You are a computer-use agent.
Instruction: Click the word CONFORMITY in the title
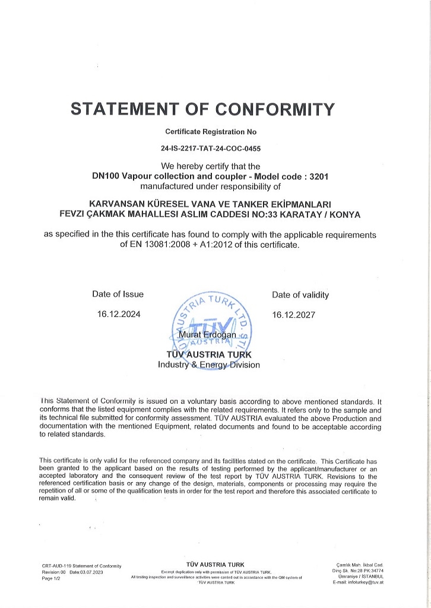tap(275, 109)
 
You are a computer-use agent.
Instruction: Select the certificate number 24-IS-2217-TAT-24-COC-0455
tap(211, 150)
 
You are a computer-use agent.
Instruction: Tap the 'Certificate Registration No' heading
tap(211, 132)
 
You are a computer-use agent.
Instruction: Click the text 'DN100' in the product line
tap(105, 176)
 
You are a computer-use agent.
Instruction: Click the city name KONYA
tap(345, 214)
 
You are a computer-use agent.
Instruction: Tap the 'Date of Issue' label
tap(118, 294)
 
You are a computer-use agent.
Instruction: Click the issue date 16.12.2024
tap(119, 315)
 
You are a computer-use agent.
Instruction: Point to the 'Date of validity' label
tap(300, 294)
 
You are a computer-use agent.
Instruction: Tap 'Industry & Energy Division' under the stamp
tap(208, 365)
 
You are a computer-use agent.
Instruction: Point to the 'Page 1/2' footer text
tap(51, 578)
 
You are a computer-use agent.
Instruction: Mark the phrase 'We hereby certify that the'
tap(211, 166)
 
